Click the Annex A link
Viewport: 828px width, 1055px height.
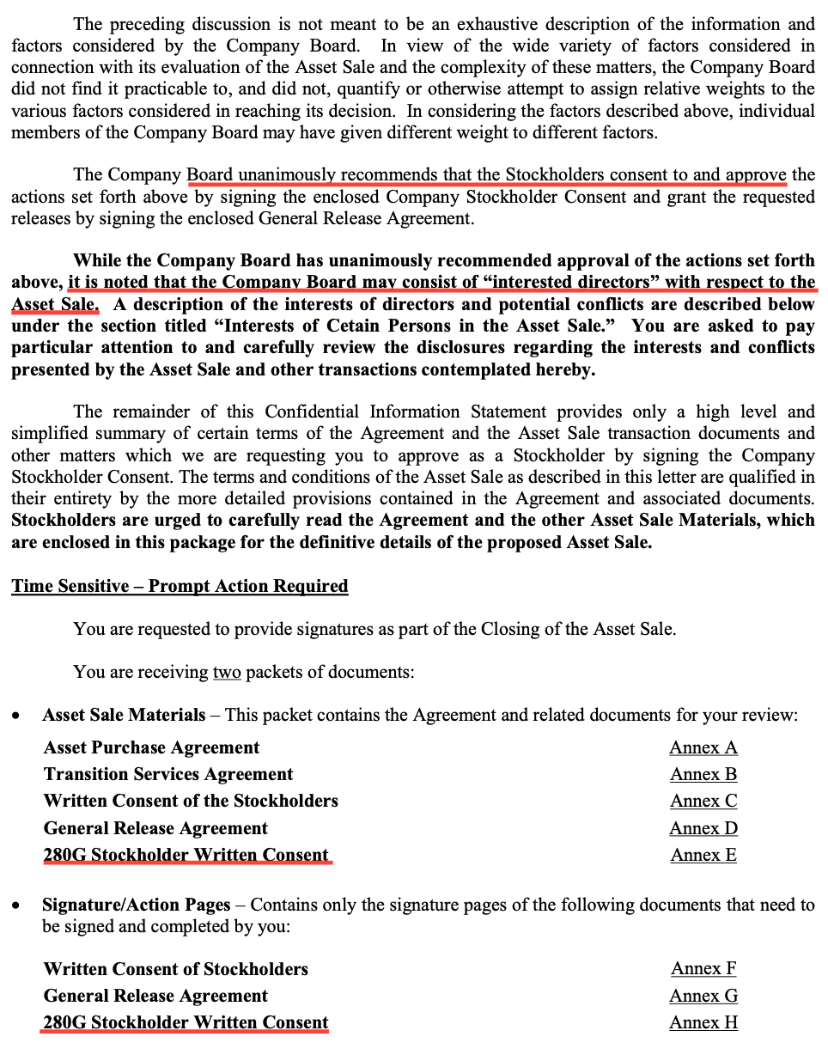[703, 747]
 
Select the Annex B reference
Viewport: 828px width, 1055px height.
[703, 774]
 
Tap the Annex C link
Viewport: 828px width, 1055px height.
[703, 801]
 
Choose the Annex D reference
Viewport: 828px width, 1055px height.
[703, 828]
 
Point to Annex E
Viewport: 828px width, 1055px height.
[703, 855]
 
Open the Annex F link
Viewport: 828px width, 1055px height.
[703, 968]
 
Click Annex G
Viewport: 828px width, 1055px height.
[703, 996]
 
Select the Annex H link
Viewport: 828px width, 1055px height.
[703, 1022]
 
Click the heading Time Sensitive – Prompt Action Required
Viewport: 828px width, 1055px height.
[180, 586]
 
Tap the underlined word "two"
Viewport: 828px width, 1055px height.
[227, 672]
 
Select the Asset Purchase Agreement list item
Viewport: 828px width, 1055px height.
[151, 747]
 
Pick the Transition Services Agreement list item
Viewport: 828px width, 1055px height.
[168, 774]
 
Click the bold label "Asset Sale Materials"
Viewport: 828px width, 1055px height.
[124, 715]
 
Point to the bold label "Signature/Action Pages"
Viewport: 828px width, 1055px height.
[136, 905]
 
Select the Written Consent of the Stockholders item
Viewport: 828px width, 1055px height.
[191, 801]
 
